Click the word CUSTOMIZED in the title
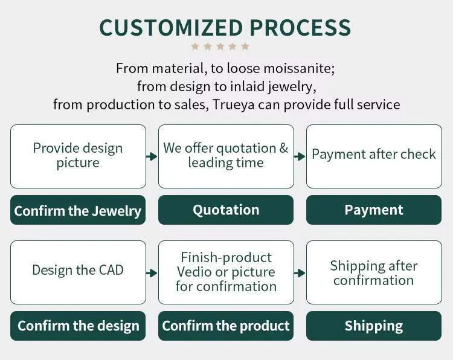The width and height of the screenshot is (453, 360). [171, 28]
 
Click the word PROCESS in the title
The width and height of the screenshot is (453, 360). [300, 28]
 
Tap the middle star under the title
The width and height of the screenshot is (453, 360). [220, 47]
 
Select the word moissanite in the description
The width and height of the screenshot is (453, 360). [299, 68]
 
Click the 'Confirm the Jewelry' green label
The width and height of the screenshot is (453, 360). [78, 210]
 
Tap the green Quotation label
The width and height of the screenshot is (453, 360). [226, 210]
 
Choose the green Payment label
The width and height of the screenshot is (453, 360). [374, 210]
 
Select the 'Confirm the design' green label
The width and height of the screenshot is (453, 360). [78, 326]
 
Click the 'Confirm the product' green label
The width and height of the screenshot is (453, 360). [226, 326]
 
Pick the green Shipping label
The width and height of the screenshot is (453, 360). [374, 326]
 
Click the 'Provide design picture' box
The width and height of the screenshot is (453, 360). [78, 156]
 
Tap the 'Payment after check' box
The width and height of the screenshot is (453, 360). [374, 156]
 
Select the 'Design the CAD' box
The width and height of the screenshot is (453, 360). [78, 272]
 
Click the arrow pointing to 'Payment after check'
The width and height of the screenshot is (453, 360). [300, 156]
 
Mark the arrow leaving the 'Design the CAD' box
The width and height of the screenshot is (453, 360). [152, 273]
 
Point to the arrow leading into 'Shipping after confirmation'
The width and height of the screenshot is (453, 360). [300, 273]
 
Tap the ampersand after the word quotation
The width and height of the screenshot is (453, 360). [284, 148]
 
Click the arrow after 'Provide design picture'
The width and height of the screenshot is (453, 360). [152, 156]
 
